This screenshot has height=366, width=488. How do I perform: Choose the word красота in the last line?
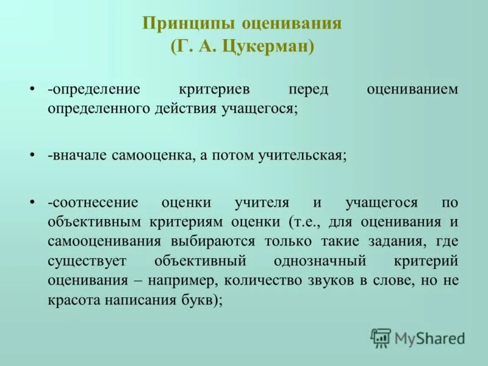click(76, 300)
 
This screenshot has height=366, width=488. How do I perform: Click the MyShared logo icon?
click(381, 337)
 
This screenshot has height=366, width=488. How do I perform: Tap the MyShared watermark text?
click(429, 338)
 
